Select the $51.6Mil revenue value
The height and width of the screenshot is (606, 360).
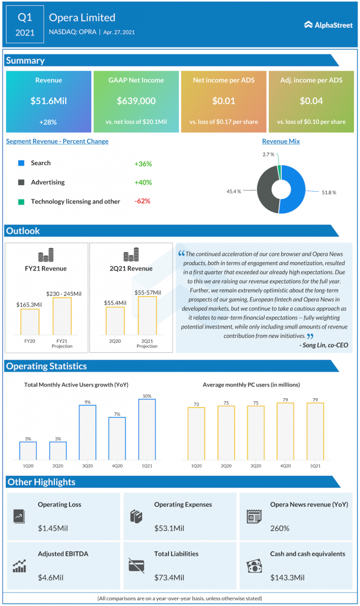[49, 101]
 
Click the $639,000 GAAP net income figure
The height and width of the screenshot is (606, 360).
[136, 101]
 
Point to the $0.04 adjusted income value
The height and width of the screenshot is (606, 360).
[311, 101]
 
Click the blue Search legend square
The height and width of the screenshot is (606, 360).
[21, 163]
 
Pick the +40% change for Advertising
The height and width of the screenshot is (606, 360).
[142, 182]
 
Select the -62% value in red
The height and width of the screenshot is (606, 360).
[142, 201]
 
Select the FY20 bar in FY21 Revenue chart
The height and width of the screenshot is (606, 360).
[30, 322]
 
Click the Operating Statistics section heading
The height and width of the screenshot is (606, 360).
[47, 366]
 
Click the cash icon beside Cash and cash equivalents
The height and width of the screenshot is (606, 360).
[254, 565]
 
